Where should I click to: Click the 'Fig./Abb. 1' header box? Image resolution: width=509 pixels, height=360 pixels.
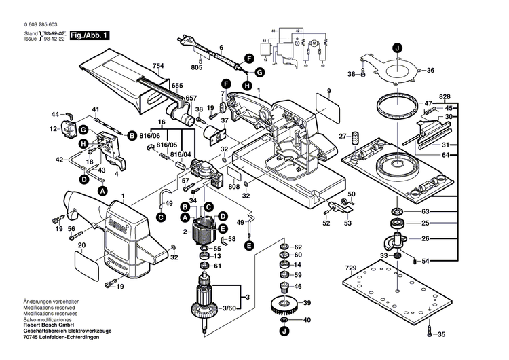[x=89, y=34]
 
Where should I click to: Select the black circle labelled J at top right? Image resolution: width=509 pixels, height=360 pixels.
[x=397, y=47]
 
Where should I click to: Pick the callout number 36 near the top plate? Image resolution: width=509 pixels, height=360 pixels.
[x=430, y=71]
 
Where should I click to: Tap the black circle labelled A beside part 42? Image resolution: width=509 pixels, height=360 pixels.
[x=102, y=192]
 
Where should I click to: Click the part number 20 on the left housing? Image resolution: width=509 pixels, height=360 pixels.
[x=81, y=245]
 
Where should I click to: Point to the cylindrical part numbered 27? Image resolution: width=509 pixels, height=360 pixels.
[x=354, y=139]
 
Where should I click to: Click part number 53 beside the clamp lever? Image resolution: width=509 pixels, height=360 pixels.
[x=348, y=223]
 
